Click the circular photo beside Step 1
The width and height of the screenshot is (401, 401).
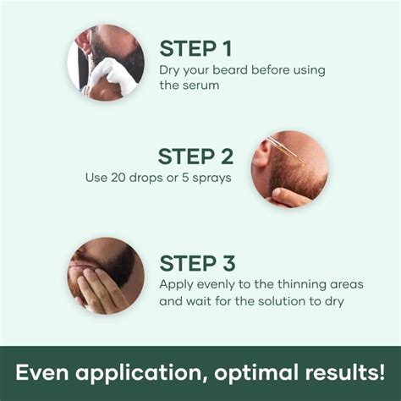(106, 63)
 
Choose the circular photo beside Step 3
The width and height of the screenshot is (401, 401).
(106, 275)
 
